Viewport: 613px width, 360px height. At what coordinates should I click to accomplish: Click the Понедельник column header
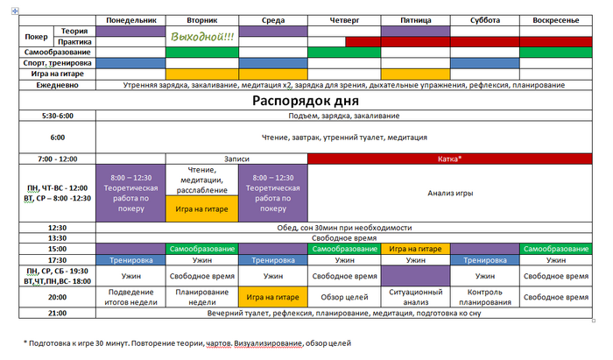[x=131, y=20]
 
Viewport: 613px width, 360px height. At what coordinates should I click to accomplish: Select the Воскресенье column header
[x=555, y=20]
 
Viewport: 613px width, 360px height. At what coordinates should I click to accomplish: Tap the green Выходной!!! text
[x=202, y=37]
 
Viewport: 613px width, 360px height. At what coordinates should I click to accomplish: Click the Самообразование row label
[x=58, y=52]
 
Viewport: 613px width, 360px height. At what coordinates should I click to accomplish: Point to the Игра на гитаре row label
[x=58, y=74]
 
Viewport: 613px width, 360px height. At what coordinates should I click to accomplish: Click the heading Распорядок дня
[x=306, y=101]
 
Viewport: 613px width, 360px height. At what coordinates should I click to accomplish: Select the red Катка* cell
[x=450, y=159]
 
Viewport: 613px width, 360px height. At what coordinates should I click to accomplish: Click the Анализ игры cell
[x=450, y=193]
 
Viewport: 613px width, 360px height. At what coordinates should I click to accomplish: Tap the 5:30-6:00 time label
[x=58, y=116]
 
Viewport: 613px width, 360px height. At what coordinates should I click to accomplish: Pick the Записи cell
[x=236, y=159]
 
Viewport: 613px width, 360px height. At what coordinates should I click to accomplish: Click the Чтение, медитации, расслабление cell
[x=201, y=180]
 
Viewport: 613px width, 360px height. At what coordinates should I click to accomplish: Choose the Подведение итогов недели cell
[x=131, y=297]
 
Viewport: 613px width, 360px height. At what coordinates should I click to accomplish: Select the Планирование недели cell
[x=202, y=297]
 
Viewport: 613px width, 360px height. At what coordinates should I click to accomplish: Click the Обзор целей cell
[x=344, y=297]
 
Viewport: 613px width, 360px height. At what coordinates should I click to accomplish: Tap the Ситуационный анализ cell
[x=416, y=297]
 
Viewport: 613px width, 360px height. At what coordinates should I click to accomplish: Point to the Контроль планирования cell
[x=485, y=297]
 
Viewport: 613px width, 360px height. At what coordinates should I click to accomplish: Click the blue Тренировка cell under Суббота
[x=485, y=260]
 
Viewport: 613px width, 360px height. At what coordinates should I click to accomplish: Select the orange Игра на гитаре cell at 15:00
[x=415, y=249]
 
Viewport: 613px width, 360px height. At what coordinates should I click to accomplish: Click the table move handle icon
[x=15, y=11]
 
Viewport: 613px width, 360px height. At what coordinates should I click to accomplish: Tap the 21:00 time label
[x=58, y=313]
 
